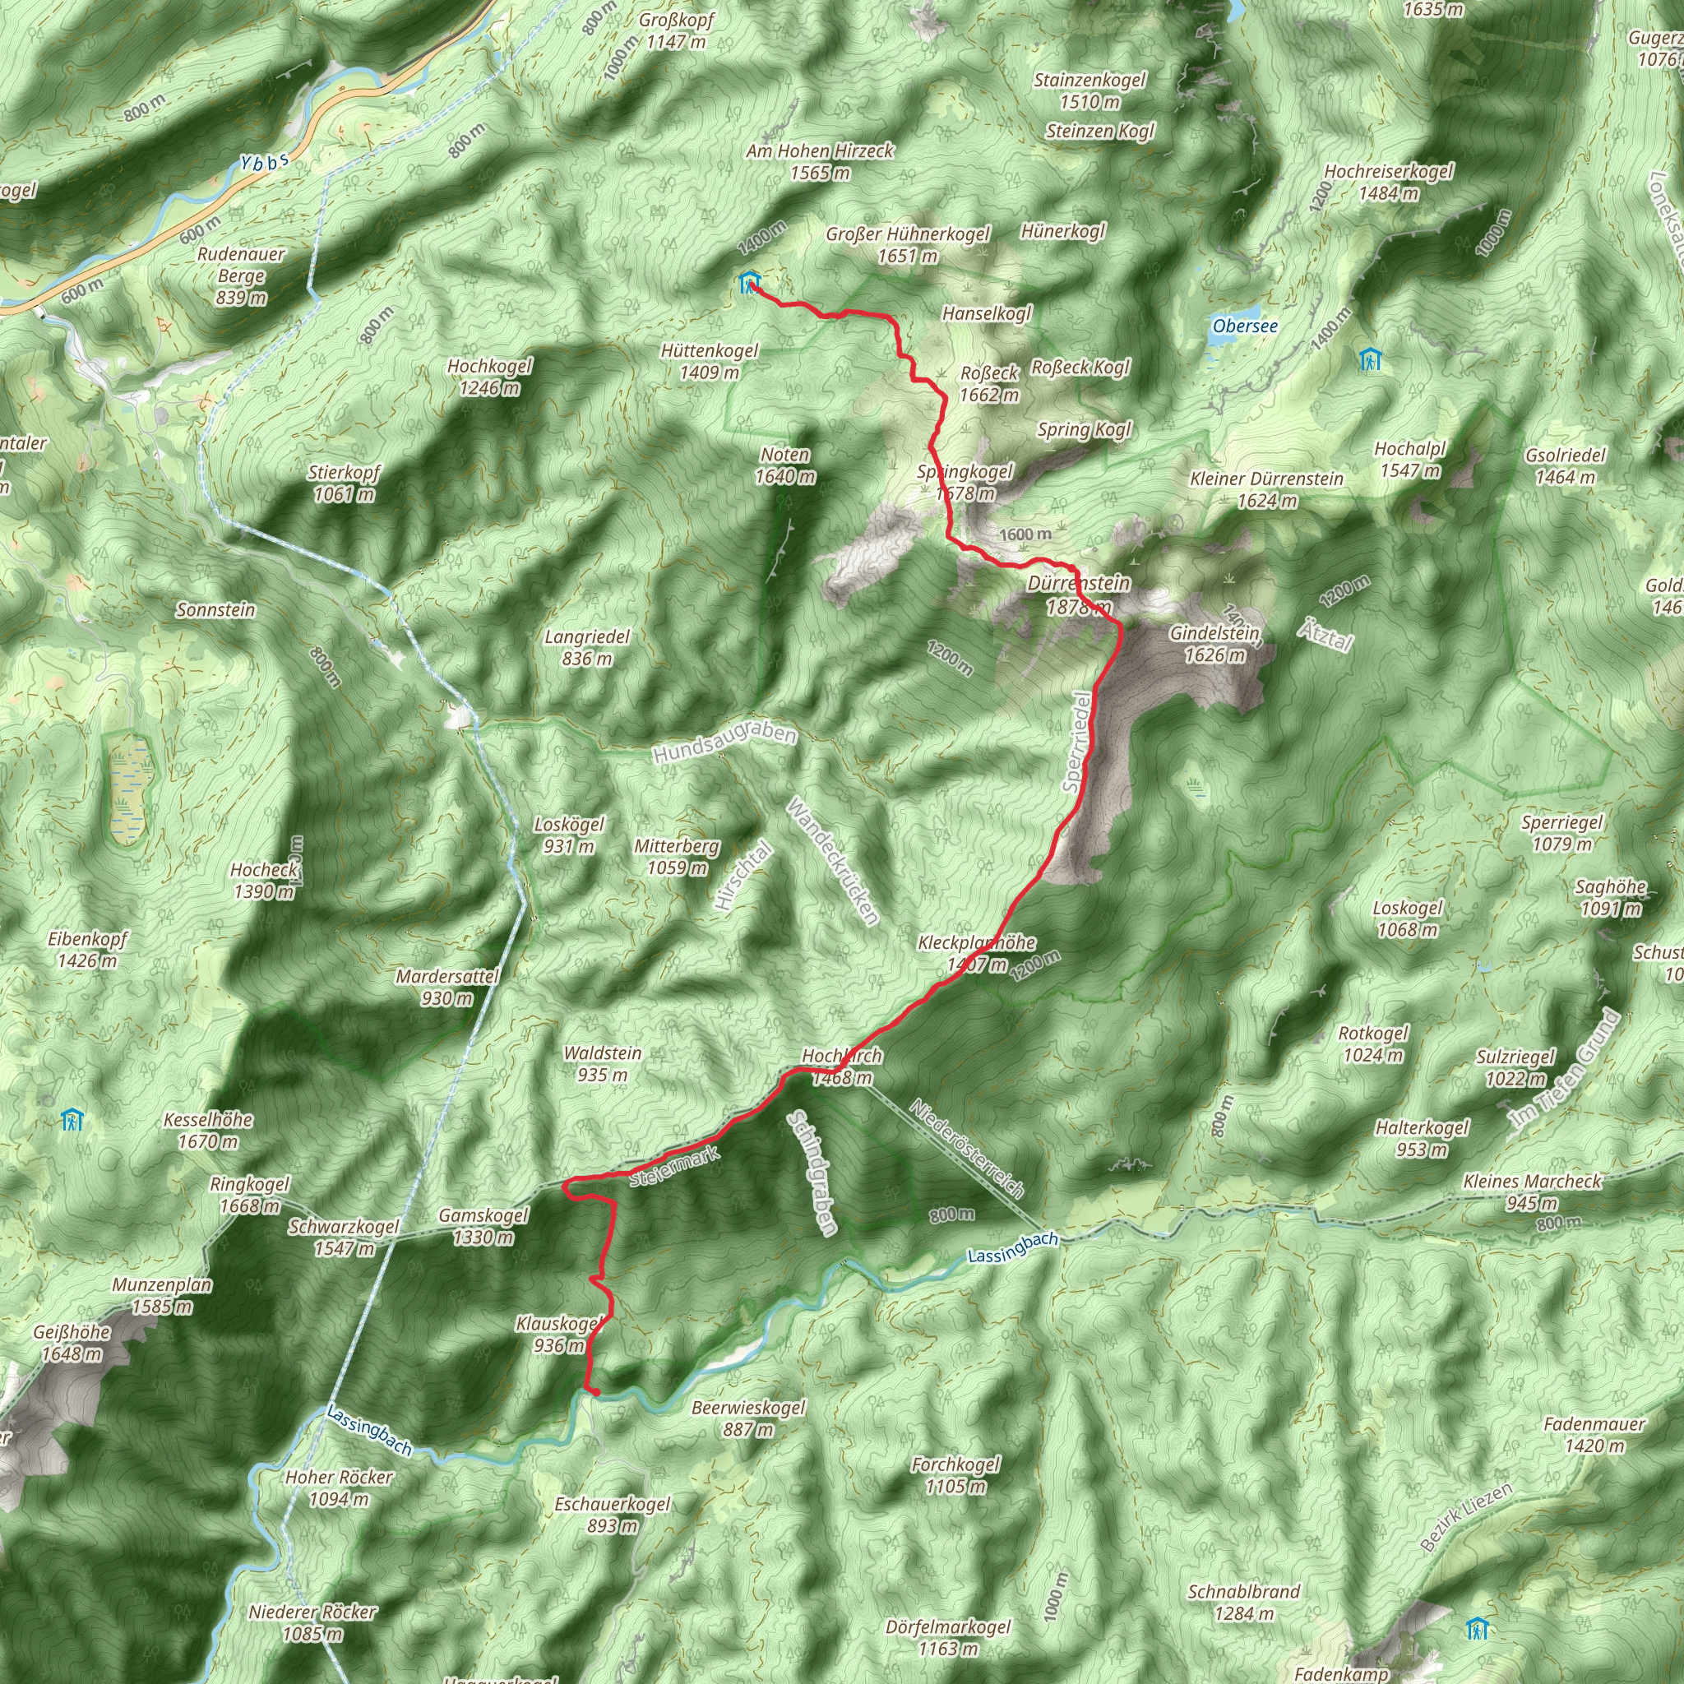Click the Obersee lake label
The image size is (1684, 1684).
coord(1245,326)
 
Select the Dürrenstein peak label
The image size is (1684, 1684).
coord(1078,594)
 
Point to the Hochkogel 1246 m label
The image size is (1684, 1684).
coord(490,377)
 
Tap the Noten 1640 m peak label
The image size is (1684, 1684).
coord(785,465)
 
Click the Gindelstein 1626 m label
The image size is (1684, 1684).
coord(1214,643)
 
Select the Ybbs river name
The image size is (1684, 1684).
coord(264,162)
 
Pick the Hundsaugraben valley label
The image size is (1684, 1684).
coord(724,744)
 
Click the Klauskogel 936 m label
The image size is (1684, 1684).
coord(558,1335)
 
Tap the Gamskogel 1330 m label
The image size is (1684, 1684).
coord(483,1225)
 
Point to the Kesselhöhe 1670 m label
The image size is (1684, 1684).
coord(208,1130)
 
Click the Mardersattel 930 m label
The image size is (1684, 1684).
coord(447,987)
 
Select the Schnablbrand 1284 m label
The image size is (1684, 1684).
coord(1244,1602)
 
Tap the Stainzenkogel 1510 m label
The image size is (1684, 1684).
coord(1090,90)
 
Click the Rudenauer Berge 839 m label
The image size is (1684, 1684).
coord(241,275)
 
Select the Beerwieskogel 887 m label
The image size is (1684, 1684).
coord(748,1418)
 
